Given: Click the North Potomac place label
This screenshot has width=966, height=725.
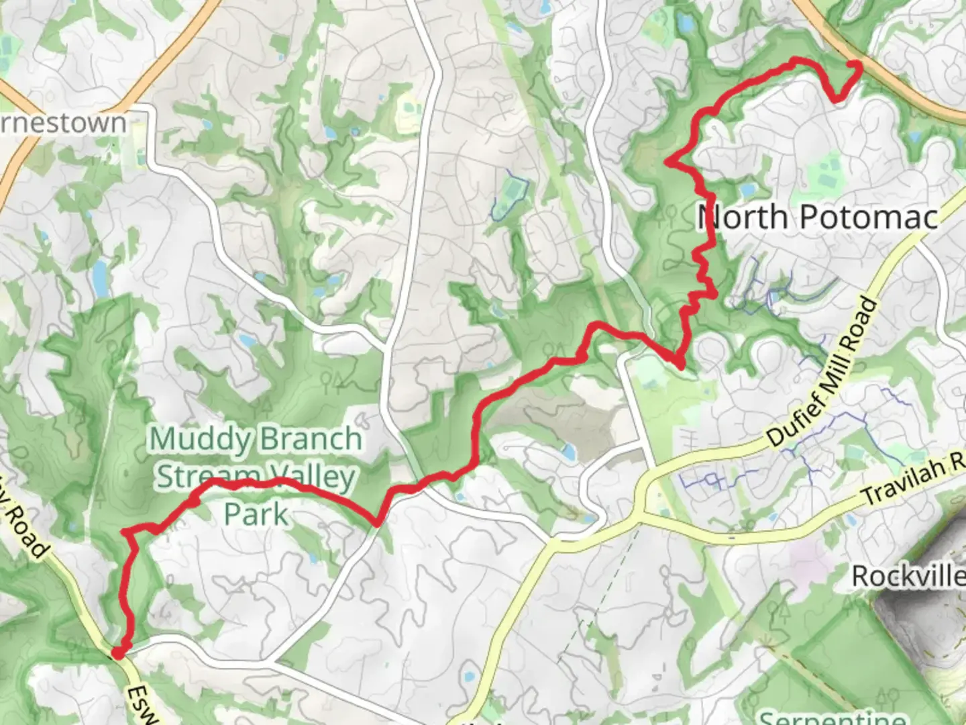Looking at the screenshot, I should pyautogui.click(x=817, y=217).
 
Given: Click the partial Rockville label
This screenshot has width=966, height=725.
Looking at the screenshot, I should pyautogui.click(x=909, y=576).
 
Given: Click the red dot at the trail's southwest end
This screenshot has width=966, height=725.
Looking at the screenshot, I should pyautogui.click(x=117, y=652).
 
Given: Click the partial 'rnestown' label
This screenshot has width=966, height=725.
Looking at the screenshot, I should pyautogui.click(x=64, y=124).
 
